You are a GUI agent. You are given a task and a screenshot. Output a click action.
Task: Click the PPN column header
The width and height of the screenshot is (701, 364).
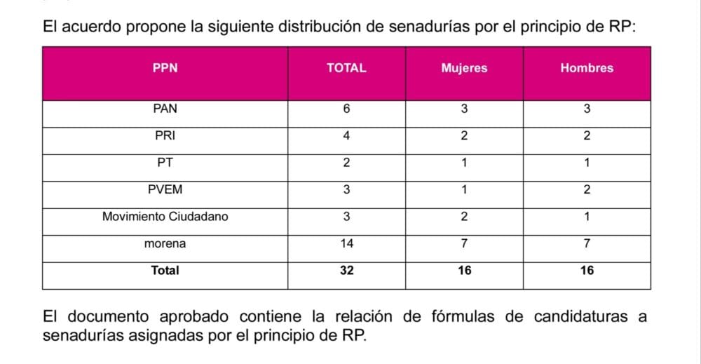(165, 68)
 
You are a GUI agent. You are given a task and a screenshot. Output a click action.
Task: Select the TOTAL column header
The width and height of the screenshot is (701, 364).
(346, 68)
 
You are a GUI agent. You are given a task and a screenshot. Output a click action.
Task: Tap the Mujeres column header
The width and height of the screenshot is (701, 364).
(464, 68)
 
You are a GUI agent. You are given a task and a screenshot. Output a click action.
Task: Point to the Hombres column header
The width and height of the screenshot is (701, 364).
(587, 68)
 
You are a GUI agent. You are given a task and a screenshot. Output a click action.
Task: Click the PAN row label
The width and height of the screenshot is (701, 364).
(165, 109)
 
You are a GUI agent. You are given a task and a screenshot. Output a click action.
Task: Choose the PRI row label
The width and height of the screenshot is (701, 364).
(165, 136)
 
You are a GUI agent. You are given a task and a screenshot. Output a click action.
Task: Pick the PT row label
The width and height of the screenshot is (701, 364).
(165, 163)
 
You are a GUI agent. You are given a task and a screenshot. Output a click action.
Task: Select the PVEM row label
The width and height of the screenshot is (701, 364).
(165, 189)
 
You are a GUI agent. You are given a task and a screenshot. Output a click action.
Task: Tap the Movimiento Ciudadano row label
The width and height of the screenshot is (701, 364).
(165, 217)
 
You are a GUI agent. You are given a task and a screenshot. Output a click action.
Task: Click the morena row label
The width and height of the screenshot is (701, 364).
(165, 243)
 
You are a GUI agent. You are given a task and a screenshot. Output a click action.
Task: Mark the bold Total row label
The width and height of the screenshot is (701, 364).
(165, 270)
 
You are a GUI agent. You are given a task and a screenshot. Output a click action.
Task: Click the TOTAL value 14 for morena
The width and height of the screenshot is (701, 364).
(346, 243)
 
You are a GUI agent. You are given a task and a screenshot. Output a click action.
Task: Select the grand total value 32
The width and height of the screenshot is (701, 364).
(346, 270)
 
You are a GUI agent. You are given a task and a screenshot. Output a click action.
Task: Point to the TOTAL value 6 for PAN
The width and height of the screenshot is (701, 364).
(346, 109)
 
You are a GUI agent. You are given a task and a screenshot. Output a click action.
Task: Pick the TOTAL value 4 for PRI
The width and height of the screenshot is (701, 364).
(346, 136)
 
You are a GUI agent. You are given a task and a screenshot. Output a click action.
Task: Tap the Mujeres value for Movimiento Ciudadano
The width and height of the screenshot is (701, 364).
(464, 217)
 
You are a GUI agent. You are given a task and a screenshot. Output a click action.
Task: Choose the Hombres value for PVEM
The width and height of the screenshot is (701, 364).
(587, 189)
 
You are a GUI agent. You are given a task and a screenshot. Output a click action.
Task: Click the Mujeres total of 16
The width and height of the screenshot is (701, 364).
(464, 270)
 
